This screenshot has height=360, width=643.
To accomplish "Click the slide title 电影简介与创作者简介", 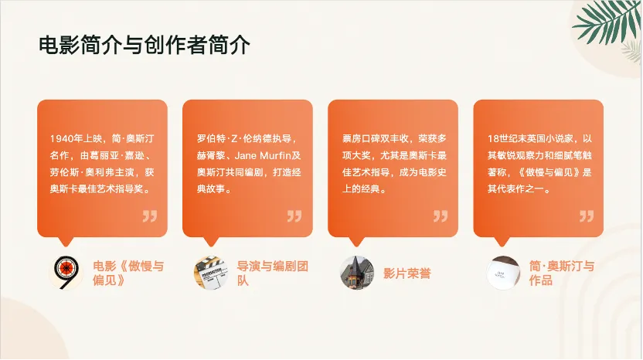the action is [x=145, y=45].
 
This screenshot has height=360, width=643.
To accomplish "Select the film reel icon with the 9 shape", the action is [x=66, y=273].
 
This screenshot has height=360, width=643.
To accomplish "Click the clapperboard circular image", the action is [x=211, y=273].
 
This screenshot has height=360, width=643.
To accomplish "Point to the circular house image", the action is [x=357, y=273].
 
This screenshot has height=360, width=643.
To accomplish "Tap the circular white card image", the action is [x=503, y=273].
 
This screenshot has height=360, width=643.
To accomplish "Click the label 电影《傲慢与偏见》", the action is [x=128, y=273].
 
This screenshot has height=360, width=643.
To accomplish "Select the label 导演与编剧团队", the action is [x=272, y=273].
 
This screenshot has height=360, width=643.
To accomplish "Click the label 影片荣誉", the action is [x=407, y=273].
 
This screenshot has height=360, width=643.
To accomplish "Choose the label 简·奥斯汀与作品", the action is [x=561, y=273].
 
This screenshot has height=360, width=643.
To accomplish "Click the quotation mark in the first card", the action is [x=150, y=216].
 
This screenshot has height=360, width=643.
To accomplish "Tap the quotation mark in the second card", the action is [x=294, y=216].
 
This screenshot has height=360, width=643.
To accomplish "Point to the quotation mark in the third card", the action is [x=441, y=216].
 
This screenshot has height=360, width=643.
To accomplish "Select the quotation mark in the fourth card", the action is [x=587, y=216].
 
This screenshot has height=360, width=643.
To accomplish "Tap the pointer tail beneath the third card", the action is [x=356, y=241].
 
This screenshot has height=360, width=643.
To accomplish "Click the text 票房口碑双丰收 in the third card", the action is [x=376, y=138].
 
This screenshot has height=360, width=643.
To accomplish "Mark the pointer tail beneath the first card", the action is [x=66, y=241].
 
